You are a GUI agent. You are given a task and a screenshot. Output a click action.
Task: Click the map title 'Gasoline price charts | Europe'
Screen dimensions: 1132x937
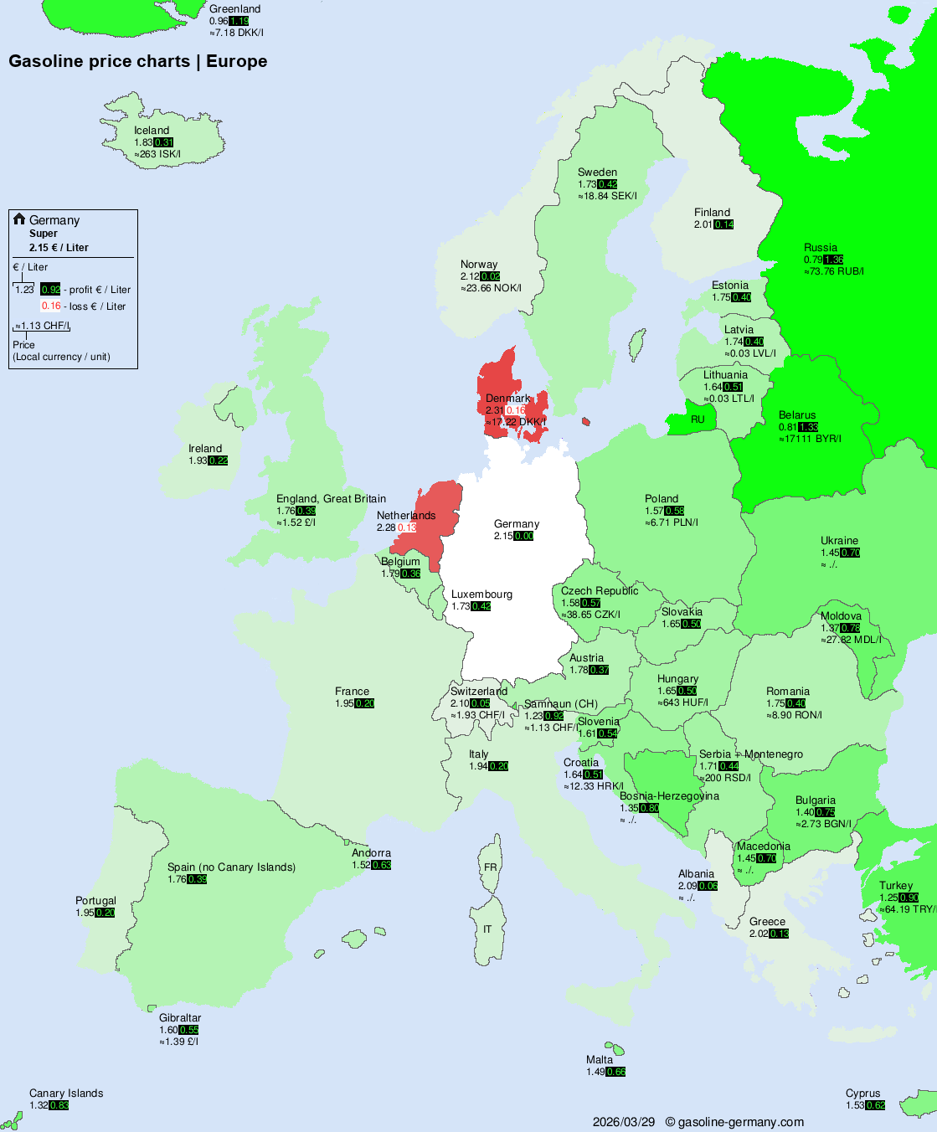click(138, 61)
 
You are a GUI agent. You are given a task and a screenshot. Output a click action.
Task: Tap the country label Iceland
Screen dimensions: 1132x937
click(152, 131)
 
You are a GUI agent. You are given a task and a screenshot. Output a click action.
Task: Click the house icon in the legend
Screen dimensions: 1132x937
click(19, 219)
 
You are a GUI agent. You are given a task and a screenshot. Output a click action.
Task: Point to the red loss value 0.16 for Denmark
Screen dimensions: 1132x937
click(516, 410)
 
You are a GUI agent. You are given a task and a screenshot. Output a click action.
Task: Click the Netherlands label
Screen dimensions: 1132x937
click(406, 516)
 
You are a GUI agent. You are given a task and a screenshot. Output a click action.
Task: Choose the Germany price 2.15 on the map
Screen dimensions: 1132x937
click(503, 536)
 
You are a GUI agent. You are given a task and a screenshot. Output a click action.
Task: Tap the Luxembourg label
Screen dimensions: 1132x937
click(481, 594)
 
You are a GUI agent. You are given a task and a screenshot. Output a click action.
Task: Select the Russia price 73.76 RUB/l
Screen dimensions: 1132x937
click(837, 271)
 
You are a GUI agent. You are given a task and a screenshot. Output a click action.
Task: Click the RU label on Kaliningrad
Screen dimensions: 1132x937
click(698, 419)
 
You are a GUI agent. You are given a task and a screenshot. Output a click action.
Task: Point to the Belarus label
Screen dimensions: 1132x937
click(797, 415)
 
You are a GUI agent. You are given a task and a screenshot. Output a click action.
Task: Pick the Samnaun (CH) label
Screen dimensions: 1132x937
click(561, 704)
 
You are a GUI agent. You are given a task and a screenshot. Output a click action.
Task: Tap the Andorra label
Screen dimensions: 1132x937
click(371, 853)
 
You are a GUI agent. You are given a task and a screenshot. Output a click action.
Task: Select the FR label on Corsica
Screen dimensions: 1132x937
click(491, 867)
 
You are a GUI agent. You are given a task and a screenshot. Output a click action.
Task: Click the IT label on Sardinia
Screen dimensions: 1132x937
click(487, 929)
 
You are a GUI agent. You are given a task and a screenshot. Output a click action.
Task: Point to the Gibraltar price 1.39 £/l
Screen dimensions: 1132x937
click(179, 1042)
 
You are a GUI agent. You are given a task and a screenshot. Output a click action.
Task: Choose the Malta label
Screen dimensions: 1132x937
click(600, 1060)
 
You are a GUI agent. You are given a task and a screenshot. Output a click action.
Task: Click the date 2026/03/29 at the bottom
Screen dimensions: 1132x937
click(624, 1122)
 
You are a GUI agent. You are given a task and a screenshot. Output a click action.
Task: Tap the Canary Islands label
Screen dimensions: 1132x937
click(66, 1093)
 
